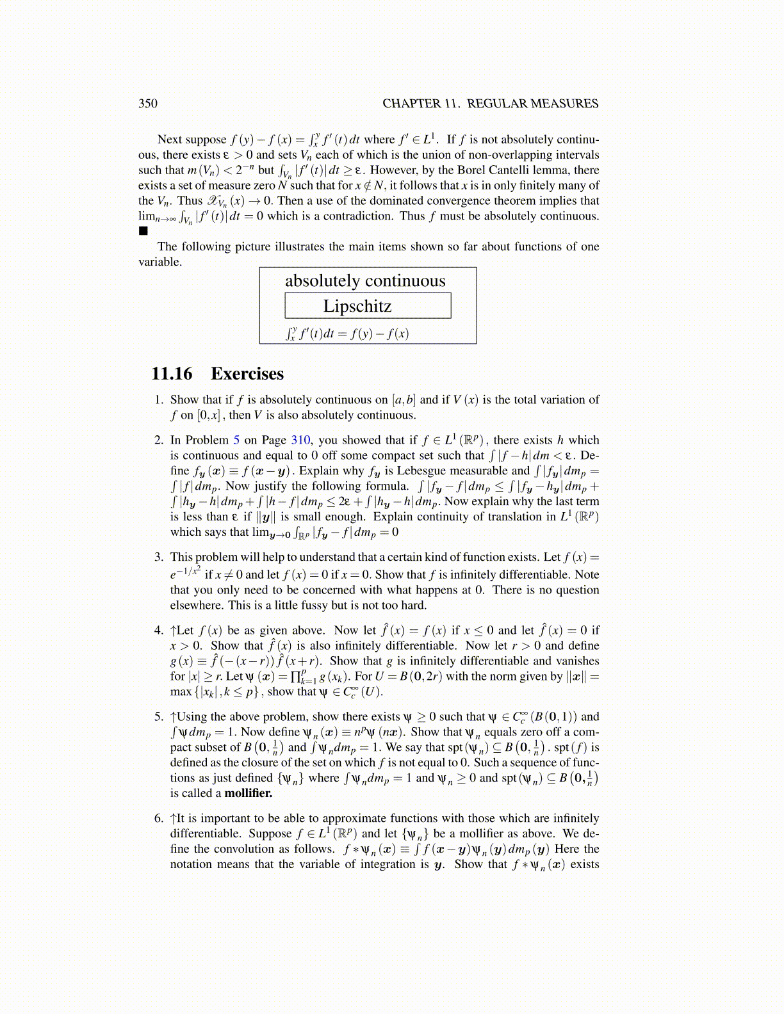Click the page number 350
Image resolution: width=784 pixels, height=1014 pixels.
[x=148, y=104]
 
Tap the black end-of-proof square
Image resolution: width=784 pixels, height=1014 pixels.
[x=143, y=230]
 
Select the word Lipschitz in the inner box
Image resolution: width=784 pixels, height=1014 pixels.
[x=357, y=306]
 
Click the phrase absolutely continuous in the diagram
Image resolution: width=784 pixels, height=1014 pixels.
[x=365, y=281]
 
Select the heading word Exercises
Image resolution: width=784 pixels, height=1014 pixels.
[x=247, y=374]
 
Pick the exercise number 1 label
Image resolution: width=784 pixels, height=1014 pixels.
[x=159, y=400]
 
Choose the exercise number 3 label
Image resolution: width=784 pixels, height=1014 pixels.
[x=159, y=558]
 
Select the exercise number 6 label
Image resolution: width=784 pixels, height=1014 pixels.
[x=159, y=819]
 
